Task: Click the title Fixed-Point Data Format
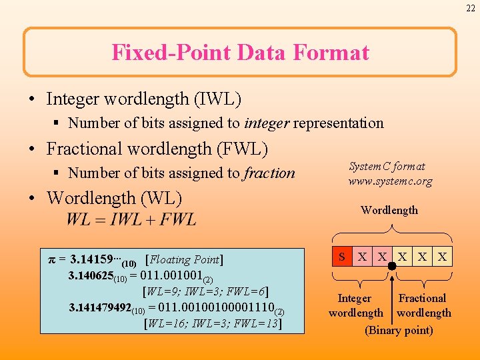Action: (x=240, y=52)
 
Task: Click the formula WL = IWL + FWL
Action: (x=131, y=219)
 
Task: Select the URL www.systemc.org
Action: (x=390, y=181)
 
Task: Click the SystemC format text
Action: (x=387, y=167)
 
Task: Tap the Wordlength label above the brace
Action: (x=389, y=210)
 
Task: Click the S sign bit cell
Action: (x=342, y=256)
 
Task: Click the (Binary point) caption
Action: (x=399, y=331)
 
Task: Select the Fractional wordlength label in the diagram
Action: (x=423, y=305)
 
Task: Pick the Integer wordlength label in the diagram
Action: (x=355, y=305)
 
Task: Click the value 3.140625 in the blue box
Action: (x=90, y=275)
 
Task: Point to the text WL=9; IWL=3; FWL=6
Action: (x=205, y=291)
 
